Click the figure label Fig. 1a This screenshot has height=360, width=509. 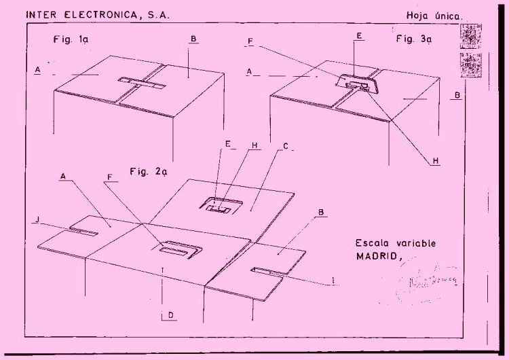(70, 39)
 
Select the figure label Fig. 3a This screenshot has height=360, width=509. (414, 39)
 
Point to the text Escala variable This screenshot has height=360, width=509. (396, 243)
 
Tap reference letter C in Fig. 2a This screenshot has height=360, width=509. (286, 146)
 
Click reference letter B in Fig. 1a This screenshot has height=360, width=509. (193, 40)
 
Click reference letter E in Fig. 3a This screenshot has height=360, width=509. (358, 34)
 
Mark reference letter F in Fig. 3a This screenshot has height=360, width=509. (251, 41)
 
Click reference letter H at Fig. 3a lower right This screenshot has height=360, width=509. (436, 161)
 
